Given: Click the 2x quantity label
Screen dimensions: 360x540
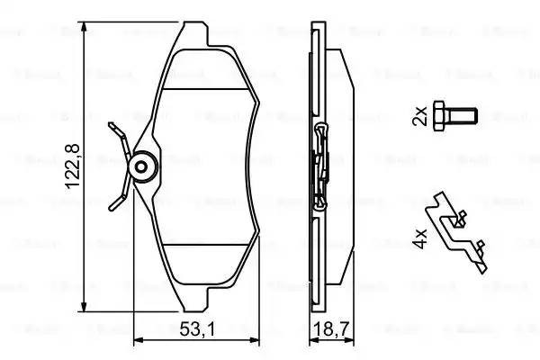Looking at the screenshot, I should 419,116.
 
